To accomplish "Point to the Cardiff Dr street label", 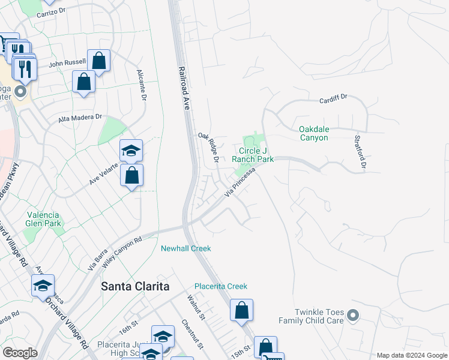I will (334, 101).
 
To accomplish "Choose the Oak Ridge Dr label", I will (208, 147).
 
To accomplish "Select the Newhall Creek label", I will (185, 248).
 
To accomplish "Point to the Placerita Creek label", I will (221, 286).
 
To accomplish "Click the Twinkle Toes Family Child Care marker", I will (353, 314).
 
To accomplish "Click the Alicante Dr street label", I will (142, 85).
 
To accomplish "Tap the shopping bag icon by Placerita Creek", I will (241, 311).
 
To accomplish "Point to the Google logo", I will (20, 352).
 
